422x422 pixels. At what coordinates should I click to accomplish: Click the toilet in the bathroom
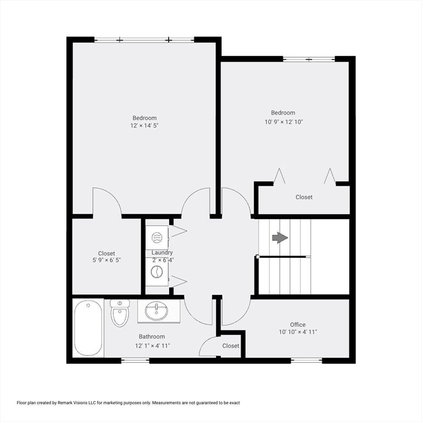(120, 313)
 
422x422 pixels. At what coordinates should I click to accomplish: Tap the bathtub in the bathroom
(88, 328)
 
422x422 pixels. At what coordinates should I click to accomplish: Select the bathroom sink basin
(157, 311)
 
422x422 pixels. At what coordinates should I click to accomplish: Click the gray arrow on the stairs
(280, 237)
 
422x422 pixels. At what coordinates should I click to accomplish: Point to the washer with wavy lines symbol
(157, 237)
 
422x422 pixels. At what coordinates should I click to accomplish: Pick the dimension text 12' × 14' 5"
(145, 125)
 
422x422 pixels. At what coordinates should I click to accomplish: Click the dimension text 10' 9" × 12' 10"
(284, 121)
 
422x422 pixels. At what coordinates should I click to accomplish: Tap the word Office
(298, 325)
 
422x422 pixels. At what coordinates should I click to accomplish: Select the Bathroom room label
(152, 336)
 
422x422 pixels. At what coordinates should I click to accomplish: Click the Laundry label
(162, 252)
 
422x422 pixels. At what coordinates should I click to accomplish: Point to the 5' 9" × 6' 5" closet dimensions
(107, 260)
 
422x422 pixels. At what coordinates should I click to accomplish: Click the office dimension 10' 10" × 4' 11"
(298, 332)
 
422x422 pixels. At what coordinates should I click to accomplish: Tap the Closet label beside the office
(231, 346)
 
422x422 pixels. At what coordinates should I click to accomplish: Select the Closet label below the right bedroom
(304, 197)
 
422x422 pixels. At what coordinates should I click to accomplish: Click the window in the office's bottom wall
(307, 360)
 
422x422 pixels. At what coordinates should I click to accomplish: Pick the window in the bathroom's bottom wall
(135, 360)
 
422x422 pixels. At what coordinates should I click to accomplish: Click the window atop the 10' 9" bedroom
(309, 59)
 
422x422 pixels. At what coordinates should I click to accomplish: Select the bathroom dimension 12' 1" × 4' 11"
(152, 346)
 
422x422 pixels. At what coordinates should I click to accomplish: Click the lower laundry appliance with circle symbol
(157, 272)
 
